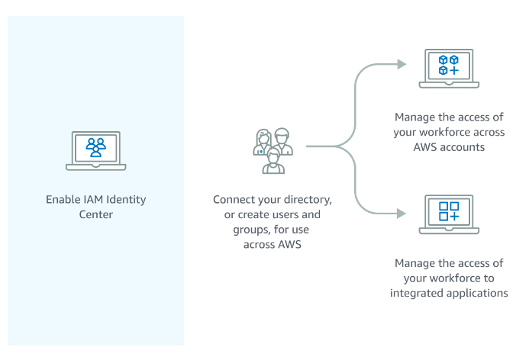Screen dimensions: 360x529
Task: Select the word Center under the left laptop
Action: [95, 214]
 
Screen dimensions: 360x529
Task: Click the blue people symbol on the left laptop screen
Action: [95, 146]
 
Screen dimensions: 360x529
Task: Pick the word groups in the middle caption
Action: [240, 229]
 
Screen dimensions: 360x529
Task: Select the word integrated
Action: [417, 293]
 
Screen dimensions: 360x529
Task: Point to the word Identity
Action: [126, 200]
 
